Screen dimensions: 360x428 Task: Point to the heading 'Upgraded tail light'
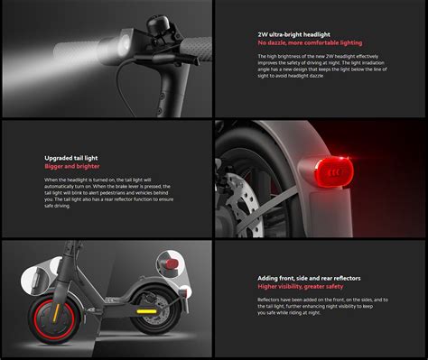(x=71, y=158)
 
